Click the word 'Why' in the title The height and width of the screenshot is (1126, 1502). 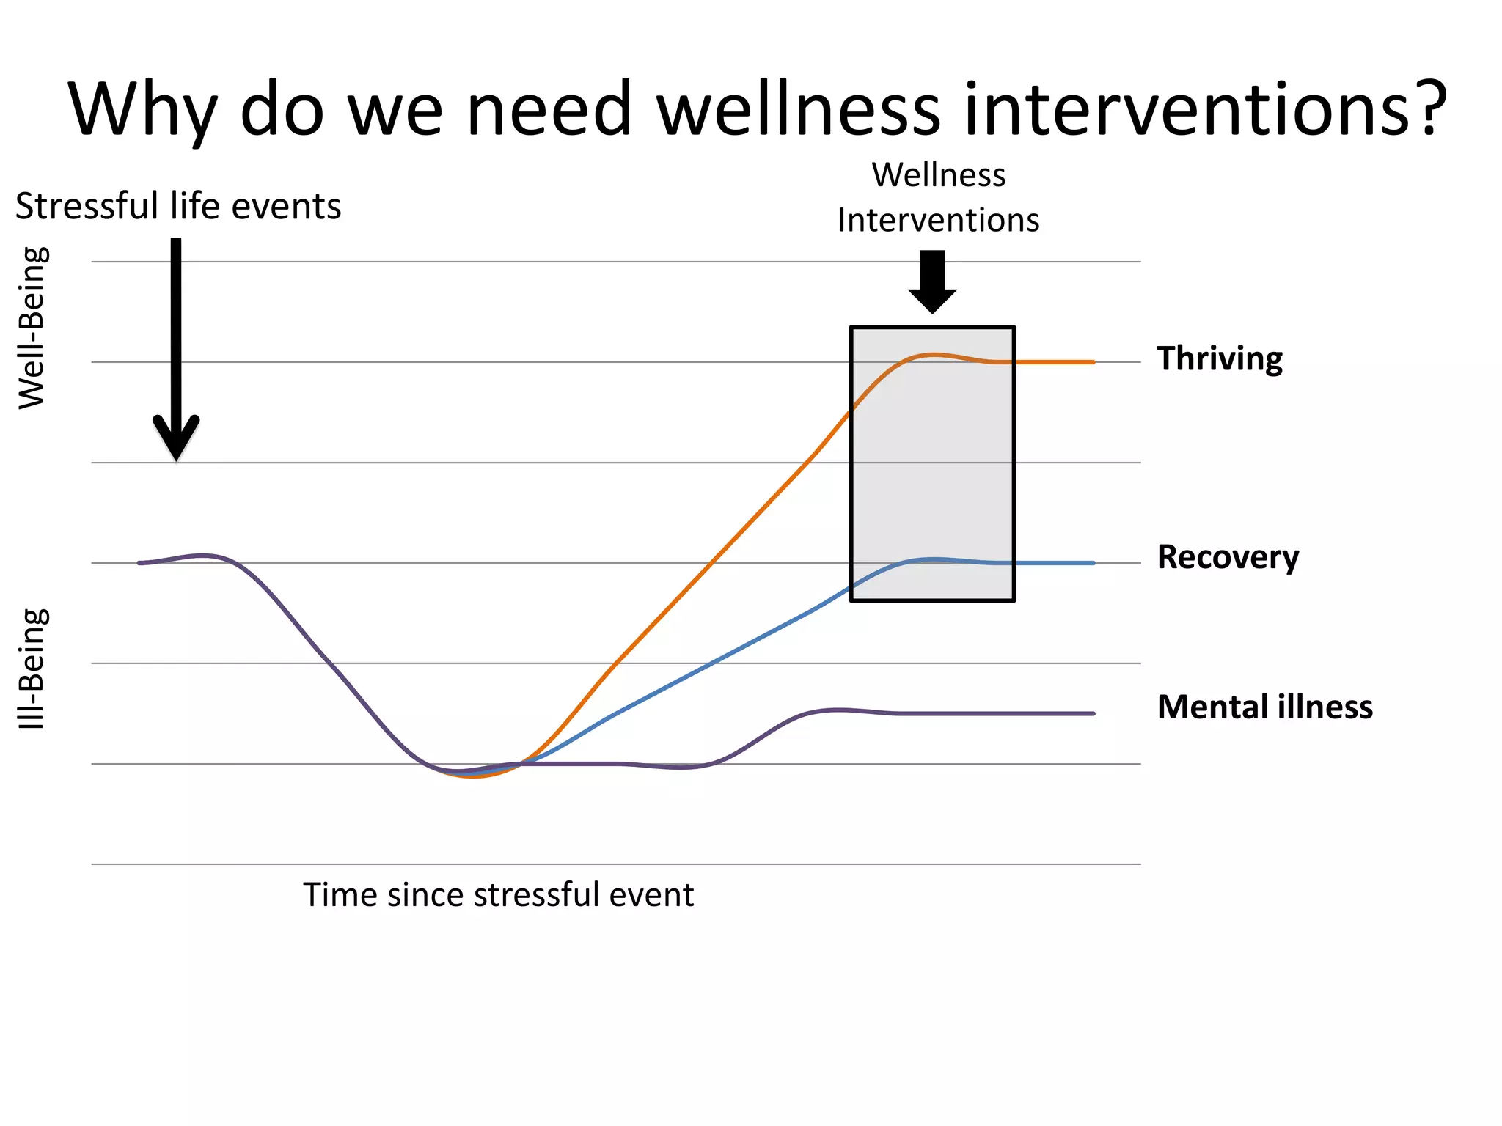coord(142,110)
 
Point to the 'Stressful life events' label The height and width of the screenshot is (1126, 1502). coord(178,206)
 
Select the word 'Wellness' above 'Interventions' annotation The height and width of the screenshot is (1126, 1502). coord(939,175)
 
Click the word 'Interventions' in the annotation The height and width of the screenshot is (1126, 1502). coord(939,220)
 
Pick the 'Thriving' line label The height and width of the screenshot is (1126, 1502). coord(1220,359)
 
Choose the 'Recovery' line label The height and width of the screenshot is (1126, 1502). coord(1228,557)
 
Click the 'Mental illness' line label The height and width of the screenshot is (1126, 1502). coord(1265,707)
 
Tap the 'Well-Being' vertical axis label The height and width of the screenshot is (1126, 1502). coord(33,328)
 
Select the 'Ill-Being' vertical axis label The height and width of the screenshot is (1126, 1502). coord(33,669)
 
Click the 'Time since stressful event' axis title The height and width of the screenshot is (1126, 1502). coord(498,895)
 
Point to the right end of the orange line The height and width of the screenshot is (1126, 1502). coord(1093,362)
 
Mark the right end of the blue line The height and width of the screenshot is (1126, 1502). coord(1093,563)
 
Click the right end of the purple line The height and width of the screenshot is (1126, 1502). coord(1093,713)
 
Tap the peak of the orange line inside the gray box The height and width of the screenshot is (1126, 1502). coord(932,355)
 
